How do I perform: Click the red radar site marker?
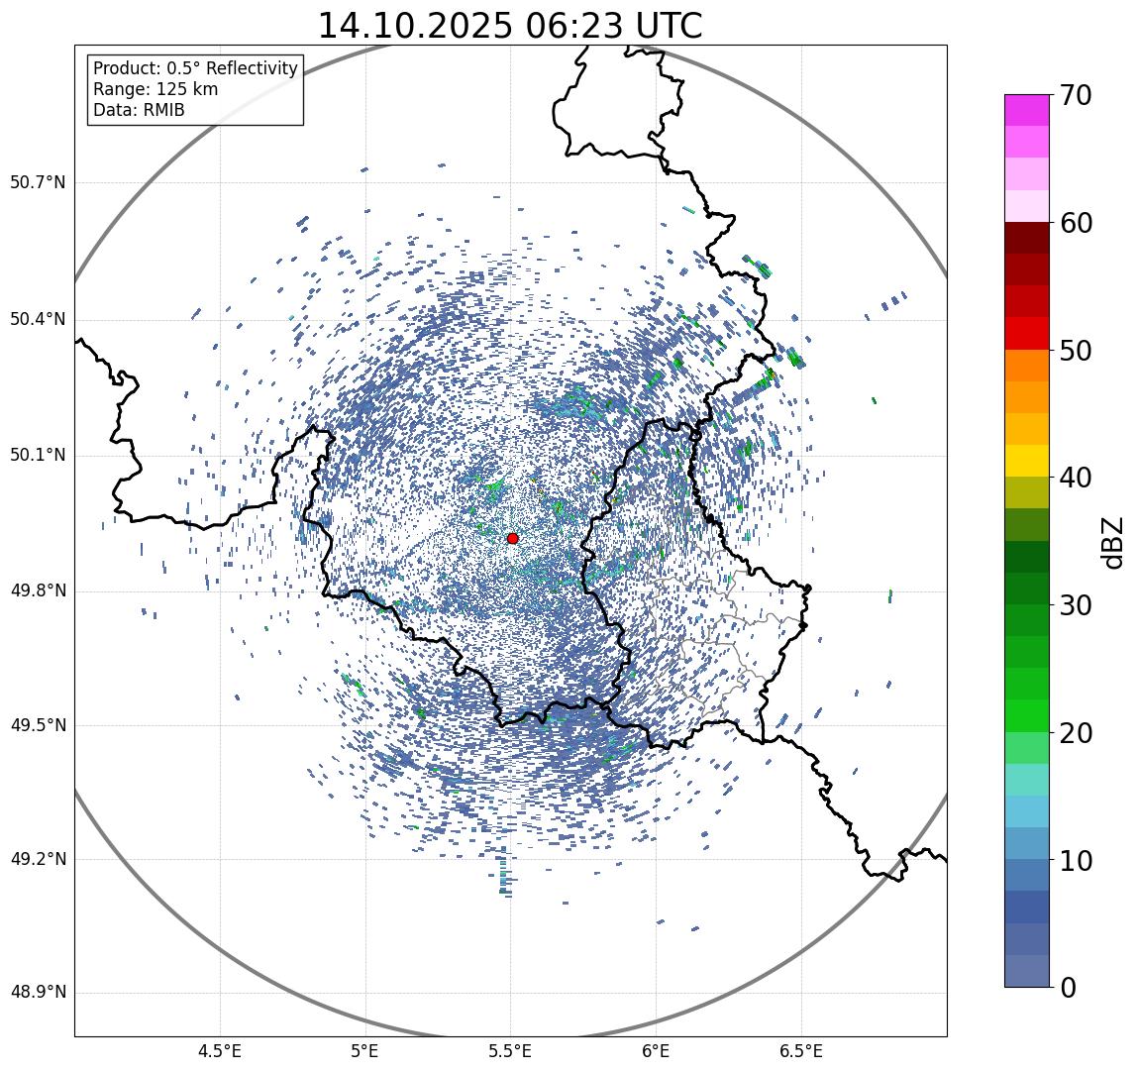click(x=512, y=538)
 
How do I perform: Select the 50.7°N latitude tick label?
click(x=38, y=182)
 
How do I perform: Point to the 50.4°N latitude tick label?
click(x=38, y=319)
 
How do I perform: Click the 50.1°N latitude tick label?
click(x=38, y=456)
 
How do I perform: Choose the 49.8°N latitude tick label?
click(x=38, y=591)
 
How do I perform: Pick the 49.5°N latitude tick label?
click(x=38, y=725)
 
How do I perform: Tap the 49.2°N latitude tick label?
click(x=38, y=859)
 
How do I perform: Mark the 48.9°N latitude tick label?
click(x=38, y=993)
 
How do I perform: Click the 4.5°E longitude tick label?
click(x=220, y=1051)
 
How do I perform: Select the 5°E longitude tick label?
click(x=365, y=1051)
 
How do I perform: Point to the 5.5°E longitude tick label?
click(x=510, y=1051)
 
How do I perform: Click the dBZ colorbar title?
click(x=1113, y=542)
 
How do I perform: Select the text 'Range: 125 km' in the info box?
click(x=155, y=89)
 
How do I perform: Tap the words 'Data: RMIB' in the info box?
click(x=139, y=110)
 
